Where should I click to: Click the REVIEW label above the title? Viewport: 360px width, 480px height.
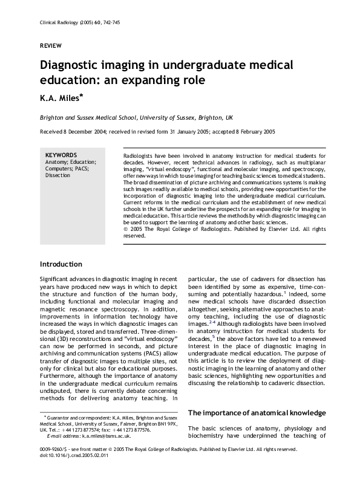tap(50, 45)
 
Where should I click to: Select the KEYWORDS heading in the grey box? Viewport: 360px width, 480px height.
tap(61, 155)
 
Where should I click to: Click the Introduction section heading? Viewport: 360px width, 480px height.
tap(61, 264)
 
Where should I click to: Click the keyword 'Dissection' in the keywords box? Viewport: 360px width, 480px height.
tap(57, 176)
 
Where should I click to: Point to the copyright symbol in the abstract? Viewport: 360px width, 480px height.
tap(125, 229)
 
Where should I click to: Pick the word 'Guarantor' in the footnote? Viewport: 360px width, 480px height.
tap(61, 417)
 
